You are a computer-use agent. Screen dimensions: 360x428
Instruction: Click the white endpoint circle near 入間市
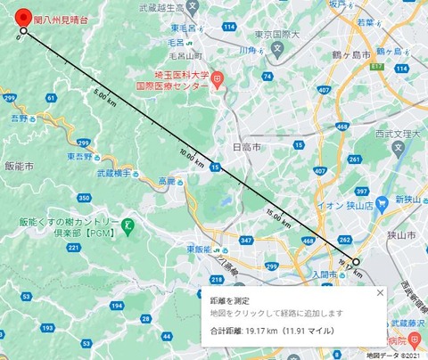click(355, 262)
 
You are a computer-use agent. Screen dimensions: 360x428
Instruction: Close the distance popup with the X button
click(379, 292)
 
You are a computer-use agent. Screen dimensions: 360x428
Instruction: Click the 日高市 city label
click(246, 144)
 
